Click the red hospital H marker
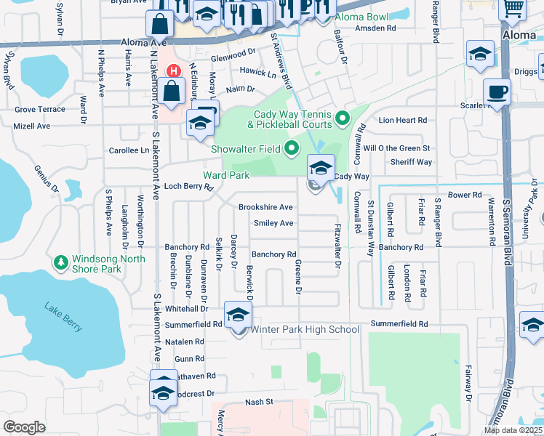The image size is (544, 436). (x=174, y=70)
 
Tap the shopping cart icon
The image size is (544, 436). (x=513, y=9)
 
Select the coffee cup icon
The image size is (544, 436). (x=497, y=92)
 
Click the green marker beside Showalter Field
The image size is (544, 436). (x=292, y=149)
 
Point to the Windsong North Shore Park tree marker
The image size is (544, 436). (x=60, y=261)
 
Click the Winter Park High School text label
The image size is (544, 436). (x=305, y=330)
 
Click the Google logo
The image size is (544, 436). (x=24, y=427)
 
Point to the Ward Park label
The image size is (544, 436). (x=225, y=175)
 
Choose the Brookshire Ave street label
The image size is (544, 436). (x=265, y=207)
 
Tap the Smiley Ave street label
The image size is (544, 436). (x=273, y=223)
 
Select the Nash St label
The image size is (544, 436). (x=258, y=402)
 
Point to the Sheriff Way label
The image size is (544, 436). (x=411, y=162)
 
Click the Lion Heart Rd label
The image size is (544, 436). (x=402, y=120)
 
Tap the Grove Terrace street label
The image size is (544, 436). (x=39, y=110)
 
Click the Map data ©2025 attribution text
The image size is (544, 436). (x=512, y=430)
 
